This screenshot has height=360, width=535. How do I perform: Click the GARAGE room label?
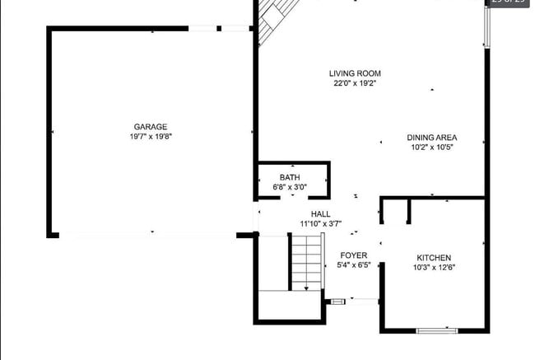[151, 127]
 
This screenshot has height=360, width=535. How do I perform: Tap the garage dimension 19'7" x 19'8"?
[151, 137]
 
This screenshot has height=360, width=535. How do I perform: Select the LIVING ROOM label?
[356, 73]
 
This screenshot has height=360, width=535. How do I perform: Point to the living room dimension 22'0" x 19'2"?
[356, 83]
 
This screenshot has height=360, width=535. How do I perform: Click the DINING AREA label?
[431, 138]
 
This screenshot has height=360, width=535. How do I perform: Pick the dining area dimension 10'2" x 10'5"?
[431, 147]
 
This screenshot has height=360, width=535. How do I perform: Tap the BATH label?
[290, 177]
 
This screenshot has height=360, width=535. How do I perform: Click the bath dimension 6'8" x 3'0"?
[290, 187]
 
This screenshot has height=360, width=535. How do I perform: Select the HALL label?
[321, 214]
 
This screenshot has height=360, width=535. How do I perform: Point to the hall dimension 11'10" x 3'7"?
[321, 224]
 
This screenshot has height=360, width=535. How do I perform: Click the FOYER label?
[354, 255]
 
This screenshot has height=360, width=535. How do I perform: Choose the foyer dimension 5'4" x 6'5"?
[355, 265]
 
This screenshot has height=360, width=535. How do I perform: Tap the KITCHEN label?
[434, 257]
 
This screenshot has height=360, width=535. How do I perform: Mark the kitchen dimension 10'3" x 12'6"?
[434, 267]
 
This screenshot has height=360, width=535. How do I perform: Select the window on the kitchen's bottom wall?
[436, 331]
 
